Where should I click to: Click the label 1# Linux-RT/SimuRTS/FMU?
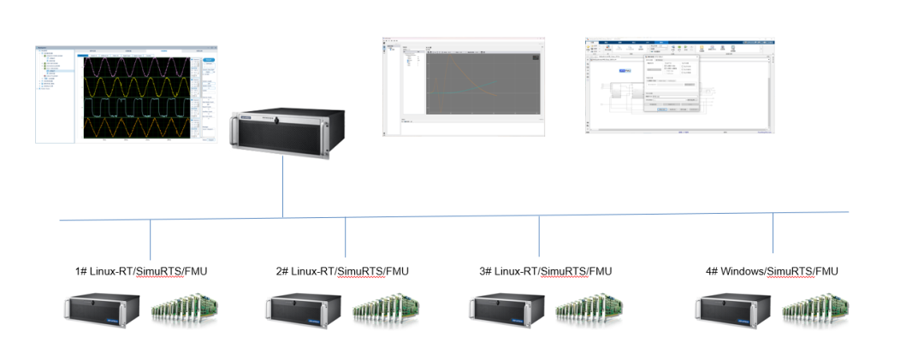click(141, 272)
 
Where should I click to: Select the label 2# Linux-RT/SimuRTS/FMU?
click(342, 272)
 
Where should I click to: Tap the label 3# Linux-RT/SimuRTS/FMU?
click(547, 272)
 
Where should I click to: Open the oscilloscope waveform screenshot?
click(126, 93)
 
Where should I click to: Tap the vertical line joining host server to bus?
click(282, 188)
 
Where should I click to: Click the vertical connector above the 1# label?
click(150, 237)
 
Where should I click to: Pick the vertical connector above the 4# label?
click(773, 233)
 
